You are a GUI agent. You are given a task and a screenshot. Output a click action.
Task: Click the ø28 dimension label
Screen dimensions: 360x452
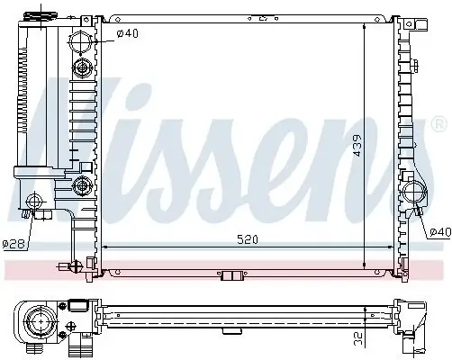tap(14, 244)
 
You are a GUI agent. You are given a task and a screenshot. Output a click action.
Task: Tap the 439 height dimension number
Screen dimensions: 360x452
tap(358, 147)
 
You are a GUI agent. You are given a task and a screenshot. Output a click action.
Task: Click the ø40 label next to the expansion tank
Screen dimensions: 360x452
tap(128, 35)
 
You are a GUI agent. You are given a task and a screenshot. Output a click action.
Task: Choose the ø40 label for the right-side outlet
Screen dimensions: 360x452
tap(439, 231)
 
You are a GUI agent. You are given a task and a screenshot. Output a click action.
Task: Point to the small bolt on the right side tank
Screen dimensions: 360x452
tap(420, 211)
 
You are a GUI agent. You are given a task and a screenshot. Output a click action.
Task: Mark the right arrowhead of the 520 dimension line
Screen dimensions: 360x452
tap(362, 245)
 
